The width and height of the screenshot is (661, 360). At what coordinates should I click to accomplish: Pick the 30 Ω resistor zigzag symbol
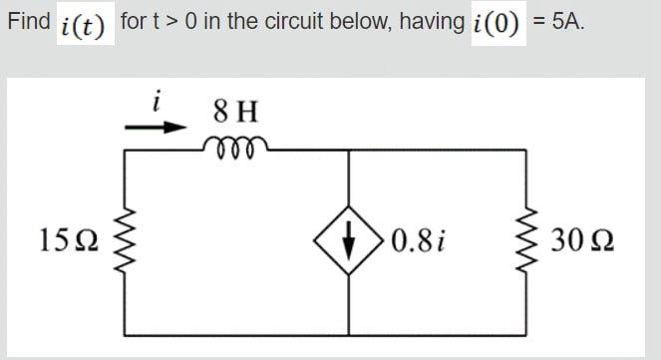(x=525, y=241)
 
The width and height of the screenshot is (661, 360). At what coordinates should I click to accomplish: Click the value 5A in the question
(x=565, y=21)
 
